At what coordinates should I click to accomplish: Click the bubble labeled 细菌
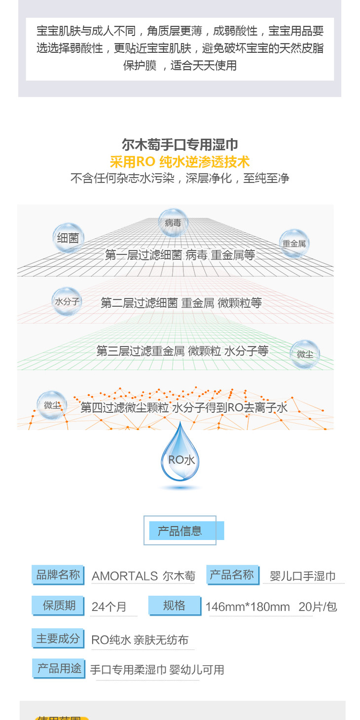coord(68,238)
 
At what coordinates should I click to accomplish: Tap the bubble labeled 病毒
coord(173,222)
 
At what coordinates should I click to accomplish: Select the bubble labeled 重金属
coord(294,243)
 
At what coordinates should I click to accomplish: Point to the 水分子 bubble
coord(67,301)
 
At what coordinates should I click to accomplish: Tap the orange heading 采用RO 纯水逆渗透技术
coord(180,162)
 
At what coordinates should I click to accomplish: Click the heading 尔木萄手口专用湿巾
coord(180,144)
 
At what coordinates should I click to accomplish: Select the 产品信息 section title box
coord(180,531)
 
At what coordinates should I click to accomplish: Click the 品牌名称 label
coord(58,575)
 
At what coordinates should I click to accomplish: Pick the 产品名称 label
coord(232,575)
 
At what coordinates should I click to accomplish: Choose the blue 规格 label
coord(174,605)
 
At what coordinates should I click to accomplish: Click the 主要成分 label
coord(58,639)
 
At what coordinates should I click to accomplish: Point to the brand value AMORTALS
coord(125,576)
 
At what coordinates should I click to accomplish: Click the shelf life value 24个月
coord(109,607)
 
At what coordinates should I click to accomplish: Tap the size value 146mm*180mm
coord(248,607)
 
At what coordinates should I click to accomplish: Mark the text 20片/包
coord(318,607)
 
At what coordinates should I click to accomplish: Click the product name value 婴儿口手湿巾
coord(303,576)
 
